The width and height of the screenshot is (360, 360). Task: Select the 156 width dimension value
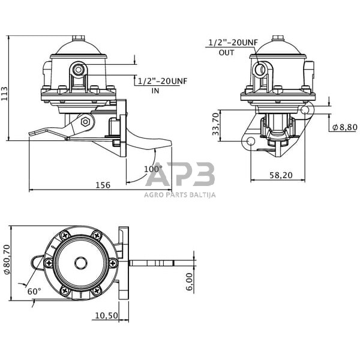click(x=103, y=185)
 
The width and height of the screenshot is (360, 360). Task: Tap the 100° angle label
click(x=153, y=169)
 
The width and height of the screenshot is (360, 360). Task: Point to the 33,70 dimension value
click(x=216, y=127)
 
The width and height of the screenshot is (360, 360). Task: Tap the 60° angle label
click(x=34, y=291)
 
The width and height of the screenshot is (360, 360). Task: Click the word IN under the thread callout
click(x=155, y=90)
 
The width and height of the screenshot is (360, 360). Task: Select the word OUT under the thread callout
click(x=226, y=52)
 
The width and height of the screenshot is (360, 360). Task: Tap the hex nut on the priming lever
click(x=85, y=122)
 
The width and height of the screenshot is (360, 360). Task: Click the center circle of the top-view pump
click(x=82, y=262)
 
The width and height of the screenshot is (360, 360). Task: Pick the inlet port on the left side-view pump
click(x=78, y=71)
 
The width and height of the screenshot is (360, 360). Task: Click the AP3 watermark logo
click(x=179, y=175)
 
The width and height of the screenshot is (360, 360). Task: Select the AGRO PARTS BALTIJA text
click(x=179, y=194)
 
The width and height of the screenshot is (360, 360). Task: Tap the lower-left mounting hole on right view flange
click(x=250, y=142)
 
